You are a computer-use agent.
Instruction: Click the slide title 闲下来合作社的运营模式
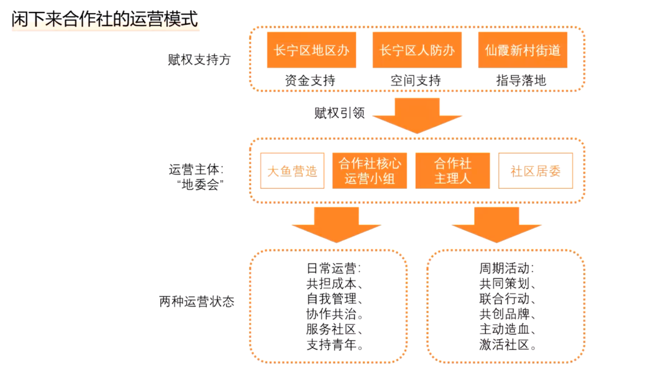tap(105, 19)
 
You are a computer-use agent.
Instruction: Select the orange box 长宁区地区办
tap(311, 50)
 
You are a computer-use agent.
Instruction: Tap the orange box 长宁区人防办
tap(417, 50)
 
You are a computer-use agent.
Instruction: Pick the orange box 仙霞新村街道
tap(523, 50)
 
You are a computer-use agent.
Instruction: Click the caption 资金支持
tap(311, 81)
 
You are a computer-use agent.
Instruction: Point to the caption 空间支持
tap(416, 81)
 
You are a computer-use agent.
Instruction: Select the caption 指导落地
tap(522, 81)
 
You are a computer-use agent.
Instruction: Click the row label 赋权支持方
tap(199, 60)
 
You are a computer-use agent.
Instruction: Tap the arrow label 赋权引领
tap(339, 113)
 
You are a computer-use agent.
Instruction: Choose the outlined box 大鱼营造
tap(292, 171)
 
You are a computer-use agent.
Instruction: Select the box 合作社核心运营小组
tap(370, 171)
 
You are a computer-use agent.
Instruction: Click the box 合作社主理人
tap(452, 171)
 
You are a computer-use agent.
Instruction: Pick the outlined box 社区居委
tap(535, 171)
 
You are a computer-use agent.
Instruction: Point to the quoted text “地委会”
tap(199, 185)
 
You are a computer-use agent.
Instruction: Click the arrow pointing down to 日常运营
tap(336, 225)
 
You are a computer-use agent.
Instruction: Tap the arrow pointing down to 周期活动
tap(496, 225)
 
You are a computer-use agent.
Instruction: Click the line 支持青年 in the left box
tap(335, 345)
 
